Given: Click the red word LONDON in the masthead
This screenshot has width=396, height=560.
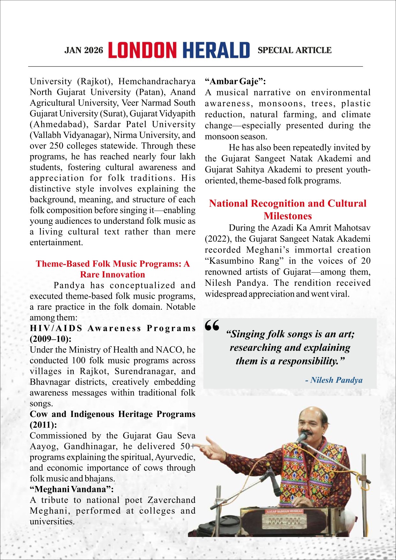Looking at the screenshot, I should pyautogui.click(x=142, y=50).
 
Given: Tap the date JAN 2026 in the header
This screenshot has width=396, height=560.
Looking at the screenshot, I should pyautogui.click(x=84, y=50).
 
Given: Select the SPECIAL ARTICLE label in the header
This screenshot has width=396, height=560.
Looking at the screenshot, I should pyautogui.click(x=294, y=50).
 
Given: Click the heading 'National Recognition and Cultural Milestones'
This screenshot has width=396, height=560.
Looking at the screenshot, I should pyautogui.click(x=288, y=209).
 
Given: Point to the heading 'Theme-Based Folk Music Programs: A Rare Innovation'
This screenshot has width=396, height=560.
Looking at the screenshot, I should pyautogui.click(x=113, y=269).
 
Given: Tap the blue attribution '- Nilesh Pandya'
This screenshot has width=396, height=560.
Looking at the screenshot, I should pyautogui.click(x=334, y=380).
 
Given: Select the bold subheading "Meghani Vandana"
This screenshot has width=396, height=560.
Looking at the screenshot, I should pyautogui.click(x=71, y=489).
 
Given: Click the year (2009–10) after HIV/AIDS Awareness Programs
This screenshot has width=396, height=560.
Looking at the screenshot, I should pyautogui.click(x=50, y=339).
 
